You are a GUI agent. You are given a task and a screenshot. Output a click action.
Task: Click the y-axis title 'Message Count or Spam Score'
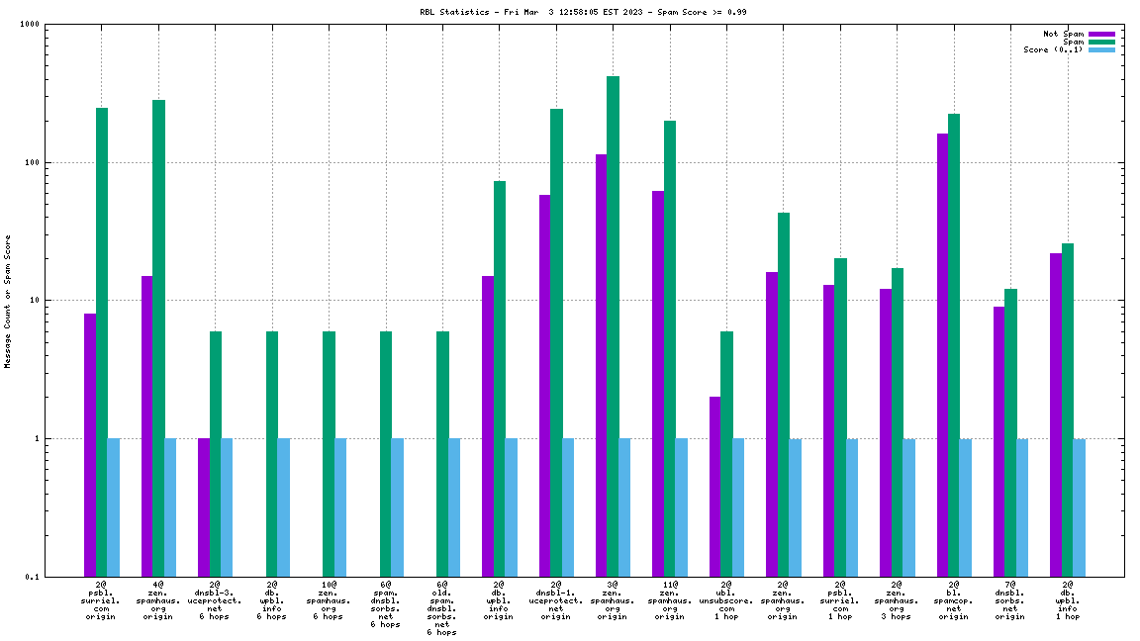(8, 302)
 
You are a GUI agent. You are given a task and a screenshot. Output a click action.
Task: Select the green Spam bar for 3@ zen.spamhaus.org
(613, 326)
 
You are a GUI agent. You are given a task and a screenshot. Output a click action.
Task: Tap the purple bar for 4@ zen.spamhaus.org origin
(146, 425)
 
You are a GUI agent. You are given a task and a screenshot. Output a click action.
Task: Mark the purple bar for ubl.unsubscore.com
(714, 486)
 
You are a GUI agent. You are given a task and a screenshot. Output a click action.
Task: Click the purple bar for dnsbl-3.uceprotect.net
(204, 506)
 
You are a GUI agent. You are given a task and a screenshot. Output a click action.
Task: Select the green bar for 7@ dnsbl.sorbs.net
(1010, 432)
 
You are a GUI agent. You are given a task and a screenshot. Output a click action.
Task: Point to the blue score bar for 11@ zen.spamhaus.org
(681, 506)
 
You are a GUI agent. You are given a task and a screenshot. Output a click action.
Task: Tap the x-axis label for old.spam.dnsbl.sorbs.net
(442, 608)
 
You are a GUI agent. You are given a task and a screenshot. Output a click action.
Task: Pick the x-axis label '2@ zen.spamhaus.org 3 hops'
(896, 600)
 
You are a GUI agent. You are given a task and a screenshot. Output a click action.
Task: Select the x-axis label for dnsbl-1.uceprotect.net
(555, 600)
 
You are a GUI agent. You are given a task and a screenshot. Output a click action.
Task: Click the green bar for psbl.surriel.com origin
(101, 341)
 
